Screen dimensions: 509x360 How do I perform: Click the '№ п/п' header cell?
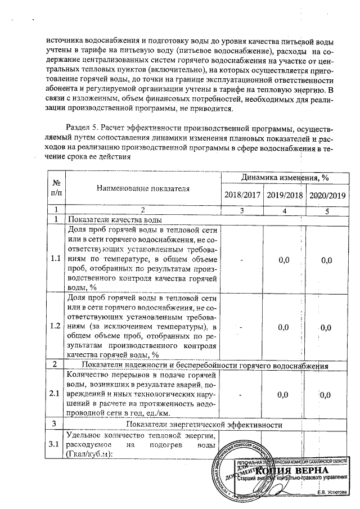(56, 187)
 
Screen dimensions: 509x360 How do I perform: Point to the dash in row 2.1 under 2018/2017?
(241, 394)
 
